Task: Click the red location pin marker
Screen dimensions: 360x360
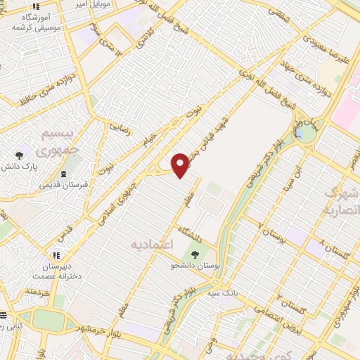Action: point(181,165)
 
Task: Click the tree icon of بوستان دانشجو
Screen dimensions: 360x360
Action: point(194,255)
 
